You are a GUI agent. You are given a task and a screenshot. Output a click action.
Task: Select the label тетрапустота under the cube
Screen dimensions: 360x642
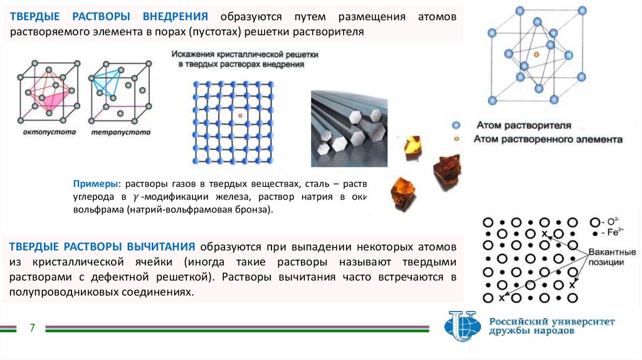121,132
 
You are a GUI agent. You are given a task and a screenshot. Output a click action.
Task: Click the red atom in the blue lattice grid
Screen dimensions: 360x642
240,117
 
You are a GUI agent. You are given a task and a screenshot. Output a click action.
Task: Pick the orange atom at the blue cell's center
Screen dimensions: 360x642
536,56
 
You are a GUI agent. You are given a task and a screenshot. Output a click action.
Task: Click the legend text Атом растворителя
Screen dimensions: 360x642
524,125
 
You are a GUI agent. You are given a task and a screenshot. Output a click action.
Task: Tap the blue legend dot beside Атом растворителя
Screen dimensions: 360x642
456,125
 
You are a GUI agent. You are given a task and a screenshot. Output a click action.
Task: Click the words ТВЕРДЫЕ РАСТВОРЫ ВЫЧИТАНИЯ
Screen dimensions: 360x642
100,245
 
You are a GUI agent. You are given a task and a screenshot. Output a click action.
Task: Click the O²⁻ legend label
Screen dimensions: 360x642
611,222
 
